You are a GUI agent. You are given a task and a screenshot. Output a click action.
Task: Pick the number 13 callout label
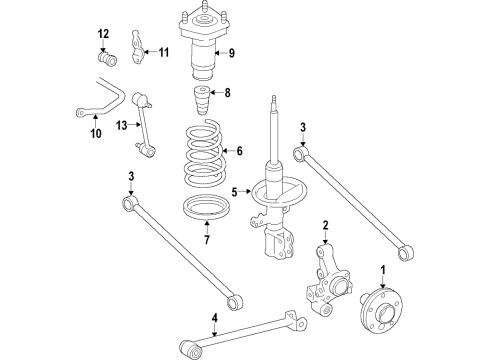coord(122,126)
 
